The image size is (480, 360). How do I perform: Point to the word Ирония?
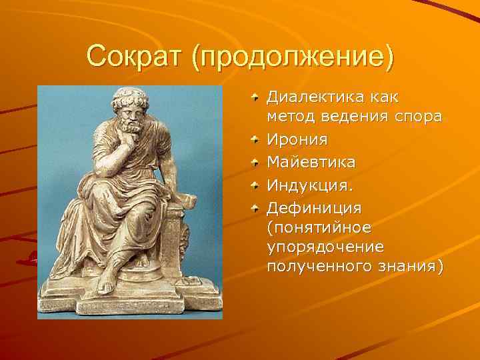coord(297,140)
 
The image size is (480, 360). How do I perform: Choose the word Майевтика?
coord(311,162)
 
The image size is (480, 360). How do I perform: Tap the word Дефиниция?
coord(314,206)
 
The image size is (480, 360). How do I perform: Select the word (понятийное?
coord(320,227)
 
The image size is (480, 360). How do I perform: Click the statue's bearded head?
coord(130,110)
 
